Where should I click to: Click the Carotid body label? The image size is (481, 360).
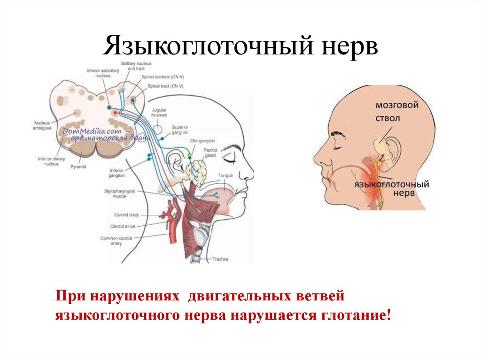pos(126,215)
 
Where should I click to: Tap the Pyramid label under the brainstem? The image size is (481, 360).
pos(78,167)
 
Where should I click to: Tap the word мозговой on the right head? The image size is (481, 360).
pos(397,106)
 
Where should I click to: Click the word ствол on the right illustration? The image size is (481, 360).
pos(388,119)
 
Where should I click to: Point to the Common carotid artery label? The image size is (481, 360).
pos(112,241)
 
